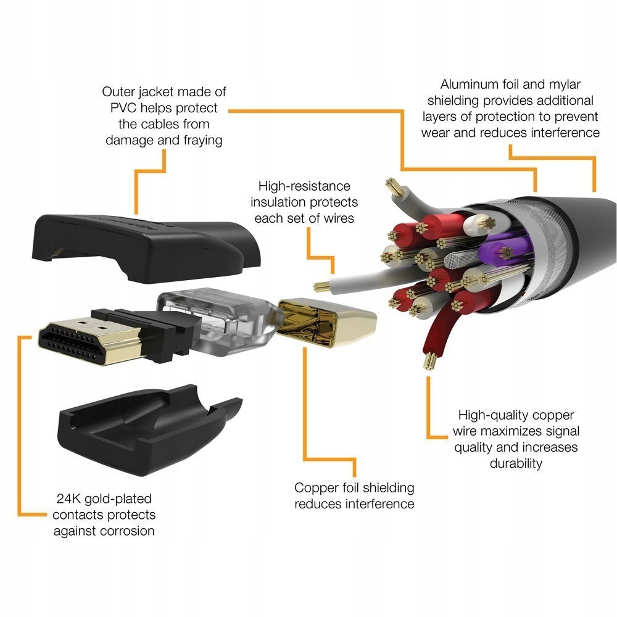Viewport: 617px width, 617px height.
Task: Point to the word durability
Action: (x=516, y=463)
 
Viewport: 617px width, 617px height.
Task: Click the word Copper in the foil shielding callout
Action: (x=317, y=487)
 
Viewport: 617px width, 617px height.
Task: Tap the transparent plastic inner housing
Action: (x=216, y=321)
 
